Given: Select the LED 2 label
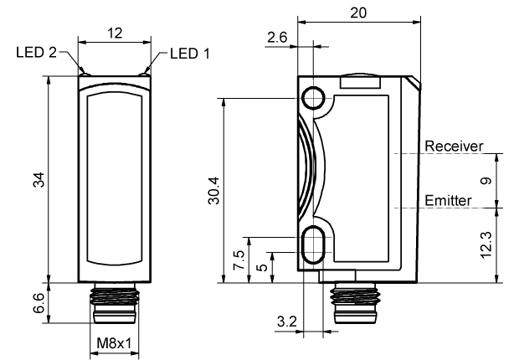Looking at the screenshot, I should (36, 54).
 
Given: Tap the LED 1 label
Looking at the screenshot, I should (190, 54).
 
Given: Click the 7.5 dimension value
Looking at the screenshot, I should (239, 260).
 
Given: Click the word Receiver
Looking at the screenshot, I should (454, 146).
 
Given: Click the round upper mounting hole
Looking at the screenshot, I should (315, 98).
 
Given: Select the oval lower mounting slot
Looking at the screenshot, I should (315, 241).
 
